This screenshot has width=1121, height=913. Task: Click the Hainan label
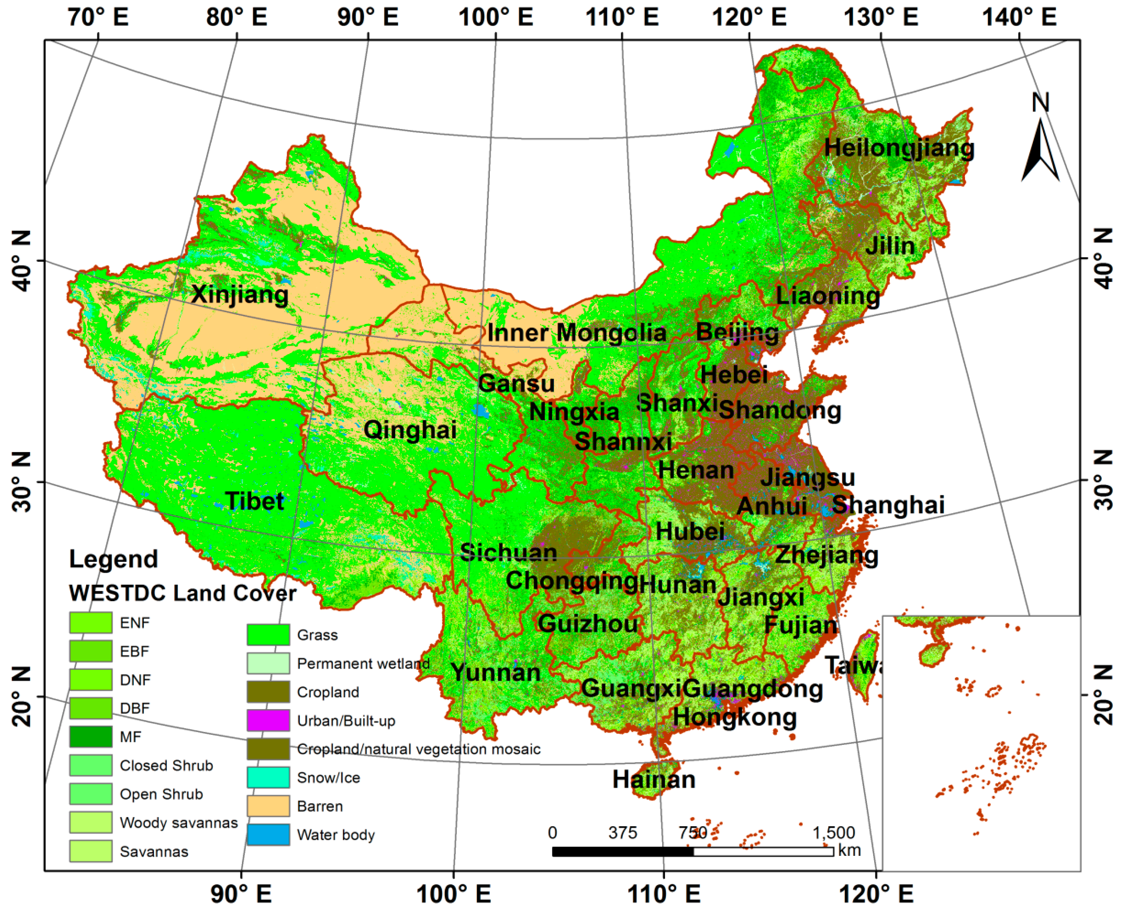[653, 779]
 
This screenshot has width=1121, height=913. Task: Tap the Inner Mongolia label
[576, 332]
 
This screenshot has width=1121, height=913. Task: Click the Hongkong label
[735, 716]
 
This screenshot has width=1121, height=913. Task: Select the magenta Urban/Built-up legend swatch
[268, 720]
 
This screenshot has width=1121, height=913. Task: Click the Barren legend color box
[268, 806]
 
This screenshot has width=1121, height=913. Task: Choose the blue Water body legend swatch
[268, 834]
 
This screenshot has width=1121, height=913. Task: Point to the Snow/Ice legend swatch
[268, 777]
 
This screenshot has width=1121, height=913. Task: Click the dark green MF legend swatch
[90, 736]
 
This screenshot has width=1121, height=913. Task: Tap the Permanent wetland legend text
[363, 663]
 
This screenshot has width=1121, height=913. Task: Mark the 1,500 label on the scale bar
[833, 833]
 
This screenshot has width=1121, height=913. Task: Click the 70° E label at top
[98, 17]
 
